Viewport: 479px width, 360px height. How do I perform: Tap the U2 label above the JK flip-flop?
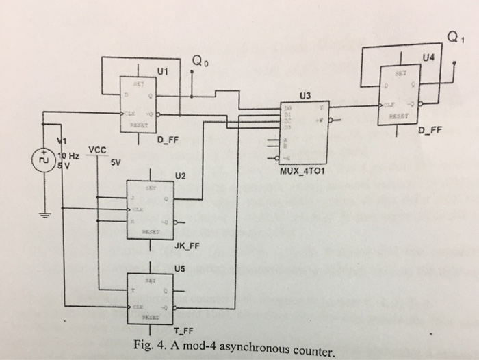[x=180, y=176]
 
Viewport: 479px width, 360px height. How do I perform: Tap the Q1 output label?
[x=451, y=36]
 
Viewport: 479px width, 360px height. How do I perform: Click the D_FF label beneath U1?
[x=169, y=141]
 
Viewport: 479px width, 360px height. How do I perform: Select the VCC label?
[x=98, y=150]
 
